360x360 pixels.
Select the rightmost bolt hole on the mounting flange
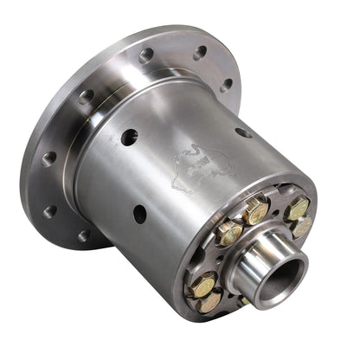(x=226, y=85)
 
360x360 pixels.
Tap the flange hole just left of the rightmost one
(x=200, y=53)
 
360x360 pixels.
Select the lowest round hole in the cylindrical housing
(x=139, y=213)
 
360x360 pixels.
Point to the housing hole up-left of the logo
(x=129, y=136)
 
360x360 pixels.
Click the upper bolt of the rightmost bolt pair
(x=297, y=209)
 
